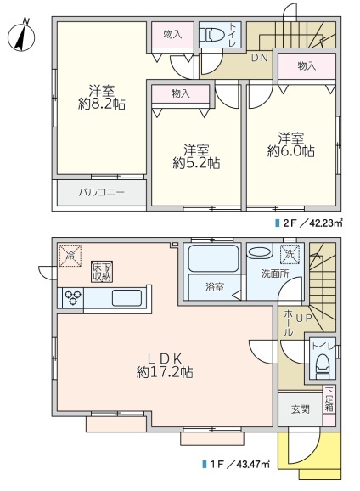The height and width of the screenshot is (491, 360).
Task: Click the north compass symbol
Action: click(x=21, y=36)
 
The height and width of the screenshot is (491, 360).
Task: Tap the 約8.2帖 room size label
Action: click(x=102, y=104)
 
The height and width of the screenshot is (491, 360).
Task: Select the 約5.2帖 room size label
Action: click(x=196, y=163)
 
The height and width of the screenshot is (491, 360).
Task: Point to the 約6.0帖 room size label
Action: click(x=291, y=151)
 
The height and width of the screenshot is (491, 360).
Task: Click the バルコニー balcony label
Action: click(x=101, y=192)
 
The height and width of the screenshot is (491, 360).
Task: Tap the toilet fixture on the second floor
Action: click(x=212, y=35)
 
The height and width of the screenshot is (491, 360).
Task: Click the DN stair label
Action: click(x=260, y=58)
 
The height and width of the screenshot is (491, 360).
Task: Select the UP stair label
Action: click(x=304, y=319)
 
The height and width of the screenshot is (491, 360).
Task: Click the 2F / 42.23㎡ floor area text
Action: click(x=309, y=223)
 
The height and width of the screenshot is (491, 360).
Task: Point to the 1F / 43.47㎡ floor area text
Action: click(x=236, y=464)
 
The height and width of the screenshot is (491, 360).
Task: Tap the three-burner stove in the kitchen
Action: click(x=73, y=297)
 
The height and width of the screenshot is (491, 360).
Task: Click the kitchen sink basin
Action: click(x=127, y=298)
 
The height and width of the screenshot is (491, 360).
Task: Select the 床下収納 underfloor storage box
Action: click(x=102, y=272)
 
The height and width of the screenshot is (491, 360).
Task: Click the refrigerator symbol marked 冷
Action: click(x=70, y=256)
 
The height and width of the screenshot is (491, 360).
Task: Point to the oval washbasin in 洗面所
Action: click(x=260, y=252)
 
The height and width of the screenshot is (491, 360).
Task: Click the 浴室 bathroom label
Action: click(x=215, y=287)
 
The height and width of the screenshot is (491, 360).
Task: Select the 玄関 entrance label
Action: click(x=301, y=409)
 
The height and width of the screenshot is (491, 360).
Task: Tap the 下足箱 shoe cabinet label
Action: click(x=329, y=400)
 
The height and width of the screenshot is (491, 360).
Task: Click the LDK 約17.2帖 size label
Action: click(x=165, y=365)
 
